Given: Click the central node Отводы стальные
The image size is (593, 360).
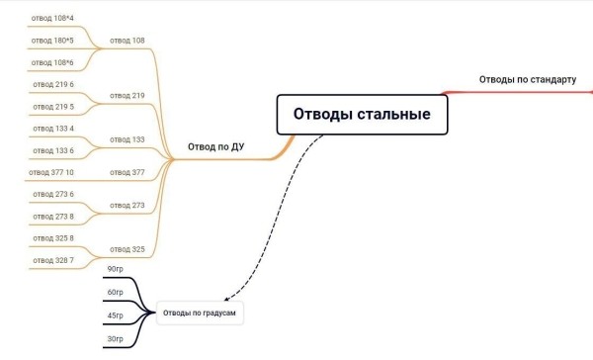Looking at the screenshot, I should coord(361,114).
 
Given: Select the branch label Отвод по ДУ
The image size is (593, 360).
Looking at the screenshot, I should coord(216,148).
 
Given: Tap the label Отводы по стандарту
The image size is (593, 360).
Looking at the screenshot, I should coord(527,79).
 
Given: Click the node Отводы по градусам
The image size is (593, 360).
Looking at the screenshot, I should coord(200,314).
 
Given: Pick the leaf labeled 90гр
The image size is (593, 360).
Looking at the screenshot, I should coord(116,269).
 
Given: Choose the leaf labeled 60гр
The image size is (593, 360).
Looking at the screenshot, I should coord(116,293).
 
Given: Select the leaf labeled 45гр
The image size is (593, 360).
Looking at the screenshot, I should coord(116,315).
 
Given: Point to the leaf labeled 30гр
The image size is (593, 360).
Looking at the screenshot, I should coord(116,339).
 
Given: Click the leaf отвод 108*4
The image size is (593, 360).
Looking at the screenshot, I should coord(53,18).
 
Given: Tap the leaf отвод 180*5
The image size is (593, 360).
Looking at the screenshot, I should coord(53,41).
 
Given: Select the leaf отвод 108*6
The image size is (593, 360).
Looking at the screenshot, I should coord(53,63).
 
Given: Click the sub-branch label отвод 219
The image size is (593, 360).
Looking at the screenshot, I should coord(127,95).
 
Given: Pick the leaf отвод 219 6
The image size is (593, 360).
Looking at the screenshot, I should coord(53,84).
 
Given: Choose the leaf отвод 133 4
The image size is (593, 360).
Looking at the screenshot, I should coord(53,129).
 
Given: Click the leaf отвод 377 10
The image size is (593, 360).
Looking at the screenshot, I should coord(51,172).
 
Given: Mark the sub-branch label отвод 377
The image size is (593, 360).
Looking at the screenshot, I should coord(127,172).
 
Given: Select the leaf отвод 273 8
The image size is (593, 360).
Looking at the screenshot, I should coord(53,216).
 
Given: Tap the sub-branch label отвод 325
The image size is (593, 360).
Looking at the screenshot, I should coord(127,249).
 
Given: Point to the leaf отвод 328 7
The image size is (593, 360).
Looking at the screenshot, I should coord(53,260).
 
